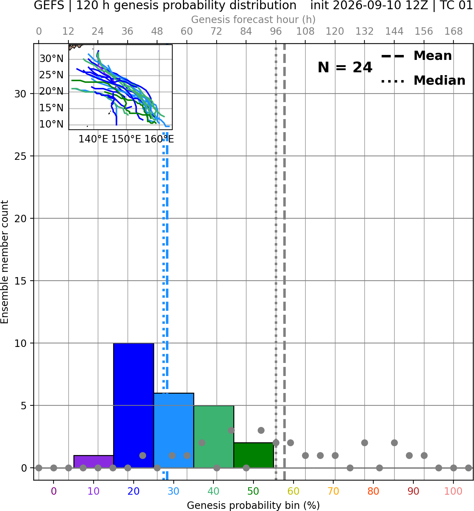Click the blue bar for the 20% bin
click(134, 405)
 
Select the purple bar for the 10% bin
click(94, 461)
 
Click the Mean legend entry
click(416, 56)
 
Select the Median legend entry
click(423, 80)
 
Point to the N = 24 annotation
click(345, 67)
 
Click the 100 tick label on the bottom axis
click(453, 491)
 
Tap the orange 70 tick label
click(333, 491)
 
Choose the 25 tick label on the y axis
click(21, 156)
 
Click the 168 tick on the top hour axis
click(453, 32)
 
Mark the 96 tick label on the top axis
click(276, 32)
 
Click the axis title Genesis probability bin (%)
click(253, 505)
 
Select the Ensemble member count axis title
click(5, 262)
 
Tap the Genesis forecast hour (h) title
click(253, 19)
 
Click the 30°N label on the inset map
click(51, 59)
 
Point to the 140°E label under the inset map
click(93, 139)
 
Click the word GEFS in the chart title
click(49, 5)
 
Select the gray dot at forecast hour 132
click(364, 443)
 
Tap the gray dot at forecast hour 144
click(394, 443)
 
